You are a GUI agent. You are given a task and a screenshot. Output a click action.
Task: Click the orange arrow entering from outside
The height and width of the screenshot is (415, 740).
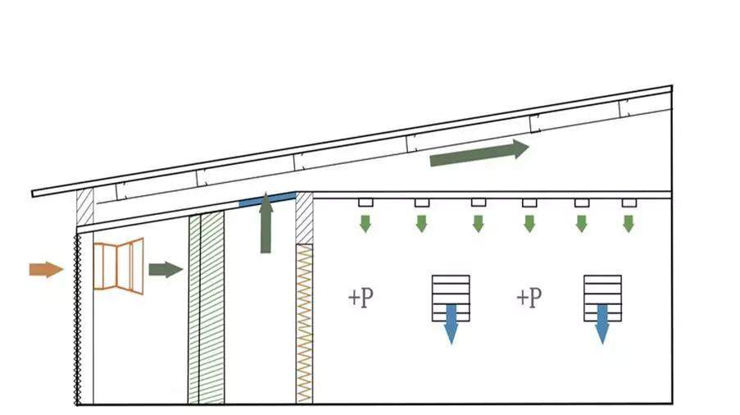click(x=46, y=269)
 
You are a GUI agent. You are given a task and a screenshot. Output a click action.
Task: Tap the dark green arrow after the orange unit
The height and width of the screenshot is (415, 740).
click(x=165, y=269)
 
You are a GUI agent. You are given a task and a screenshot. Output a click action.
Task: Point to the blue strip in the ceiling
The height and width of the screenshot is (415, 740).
click(x=267, y=198)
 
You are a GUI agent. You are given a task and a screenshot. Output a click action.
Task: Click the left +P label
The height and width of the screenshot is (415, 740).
click(x=361, y=297)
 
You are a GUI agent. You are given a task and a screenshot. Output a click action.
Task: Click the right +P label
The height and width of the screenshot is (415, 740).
click(x=529, y=297)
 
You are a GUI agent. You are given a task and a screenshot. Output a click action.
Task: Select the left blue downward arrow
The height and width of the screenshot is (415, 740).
click(x=451, y=322)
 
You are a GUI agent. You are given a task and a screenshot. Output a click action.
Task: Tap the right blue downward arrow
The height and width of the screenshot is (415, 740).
click(x=602, y=322)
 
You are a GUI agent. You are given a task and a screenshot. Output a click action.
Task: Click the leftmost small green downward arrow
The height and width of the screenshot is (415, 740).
click(x=365, y=223)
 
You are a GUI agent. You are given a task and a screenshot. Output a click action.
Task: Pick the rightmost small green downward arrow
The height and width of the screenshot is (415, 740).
click(x=629, y=223)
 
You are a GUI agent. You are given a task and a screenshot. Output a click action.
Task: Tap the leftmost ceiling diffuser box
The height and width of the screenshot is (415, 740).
click(x=365, y=203)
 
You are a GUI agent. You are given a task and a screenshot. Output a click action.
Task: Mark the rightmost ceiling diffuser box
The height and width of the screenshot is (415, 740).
click(x=629, y=203)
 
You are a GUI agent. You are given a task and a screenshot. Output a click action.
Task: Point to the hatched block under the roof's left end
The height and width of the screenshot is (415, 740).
click(x=84, y=207)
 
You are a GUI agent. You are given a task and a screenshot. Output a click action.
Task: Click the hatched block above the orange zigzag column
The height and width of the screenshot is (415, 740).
click(x=304, y=218)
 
